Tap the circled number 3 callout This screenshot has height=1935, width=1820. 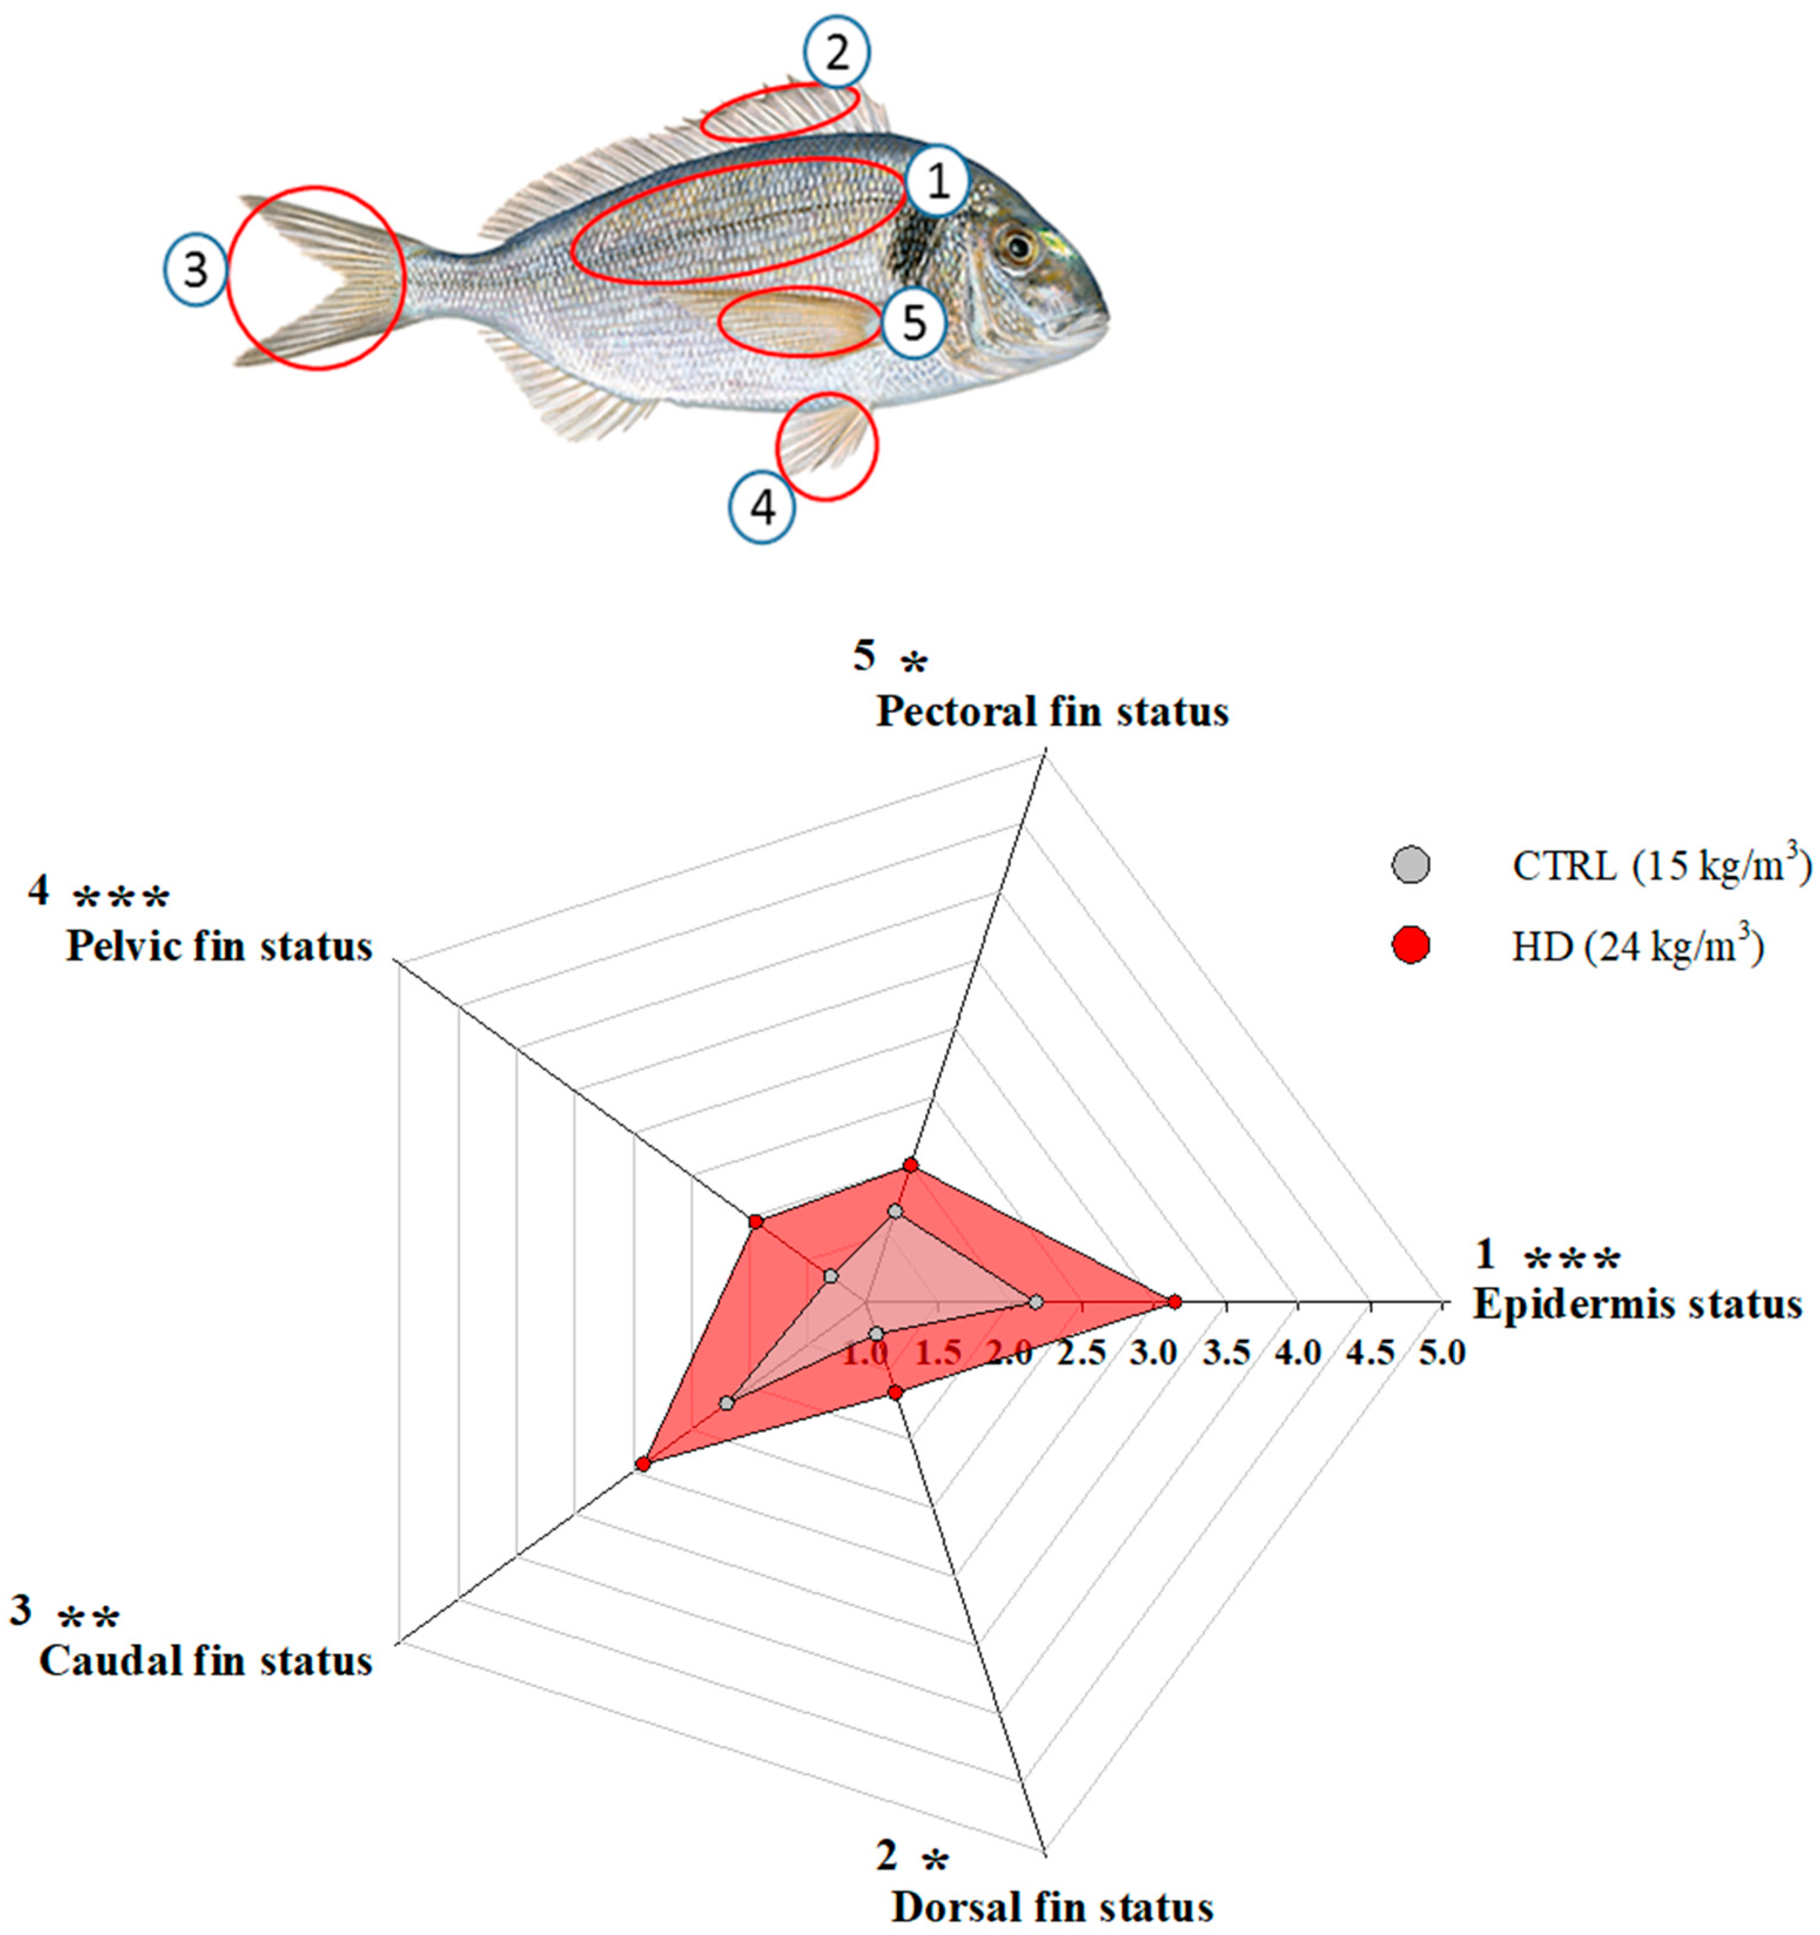point(196,271)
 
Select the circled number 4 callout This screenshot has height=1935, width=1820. point(763,507)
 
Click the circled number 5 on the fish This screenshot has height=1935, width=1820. point(913,323)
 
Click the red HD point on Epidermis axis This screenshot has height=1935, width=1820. point(1175,1301)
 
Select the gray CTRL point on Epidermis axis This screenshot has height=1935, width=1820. point(1037,1301)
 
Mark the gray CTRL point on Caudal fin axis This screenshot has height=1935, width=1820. point(726,1402)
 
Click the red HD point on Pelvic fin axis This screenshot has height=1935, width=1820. point(755,1220)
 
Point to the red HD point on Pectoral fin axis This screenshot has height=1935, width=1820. point(910,1165)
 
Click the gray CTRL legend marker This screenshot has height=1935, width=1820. point(1410,865)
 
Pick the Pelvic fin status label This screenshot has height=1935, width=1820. point(219,945)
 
